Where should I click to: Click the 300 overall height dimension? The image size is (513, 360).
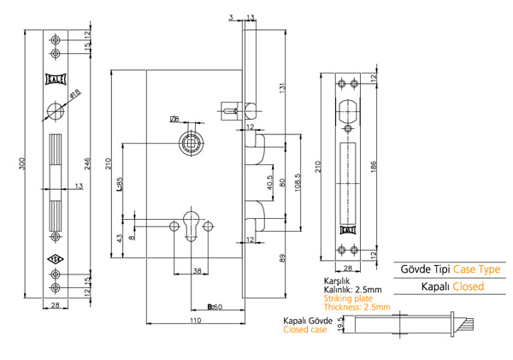point(21,163)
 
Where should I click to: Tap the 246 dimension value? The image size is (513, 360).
point(87,163)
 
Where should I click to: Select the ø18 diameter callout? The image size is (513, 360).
point(75,94)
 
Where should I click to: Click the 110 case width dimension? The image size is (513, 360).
point(196,321)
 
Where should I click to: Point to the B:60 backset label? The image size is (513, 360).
point(215,307)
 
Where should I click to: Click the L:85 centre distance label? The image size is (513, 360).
point(120,184)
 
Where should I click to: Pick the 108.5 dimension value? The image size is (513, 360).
point(298,183)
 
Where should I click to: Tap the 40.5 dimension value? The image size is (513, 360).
point(269,183)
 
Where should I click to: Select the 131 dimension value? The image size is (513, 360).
point(283,87)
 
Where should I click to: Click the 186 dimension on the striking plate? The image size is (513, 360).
point(374,166)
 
